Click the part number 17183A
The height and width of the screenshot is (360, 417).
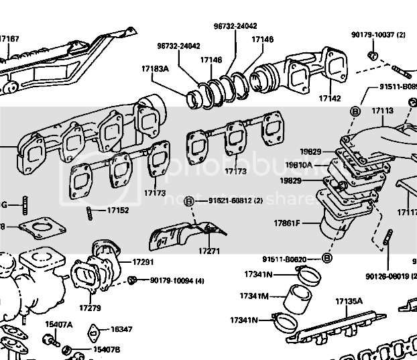[154, 69]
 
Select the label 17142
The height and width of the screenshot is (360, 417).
[331, 98]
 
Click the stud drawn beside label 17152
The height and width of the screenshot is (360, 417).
[90, 213]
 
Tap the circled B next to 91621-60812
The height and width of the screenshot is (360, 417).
[190, 201]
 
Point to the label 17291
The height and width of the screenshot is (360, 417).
[143, 261]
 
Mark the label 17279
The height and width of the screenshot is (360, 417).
[90, 308]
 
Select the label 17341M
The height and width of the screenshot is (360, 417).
[254, 296]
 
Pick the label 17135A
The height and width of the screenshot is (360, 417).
[349, 302]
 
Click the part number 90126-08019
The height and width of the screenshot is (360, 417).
[390, 276]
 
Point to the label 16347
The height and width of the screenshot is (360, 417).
[121, 330]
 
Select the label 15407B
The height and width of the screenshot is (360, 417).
[106, 350]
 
